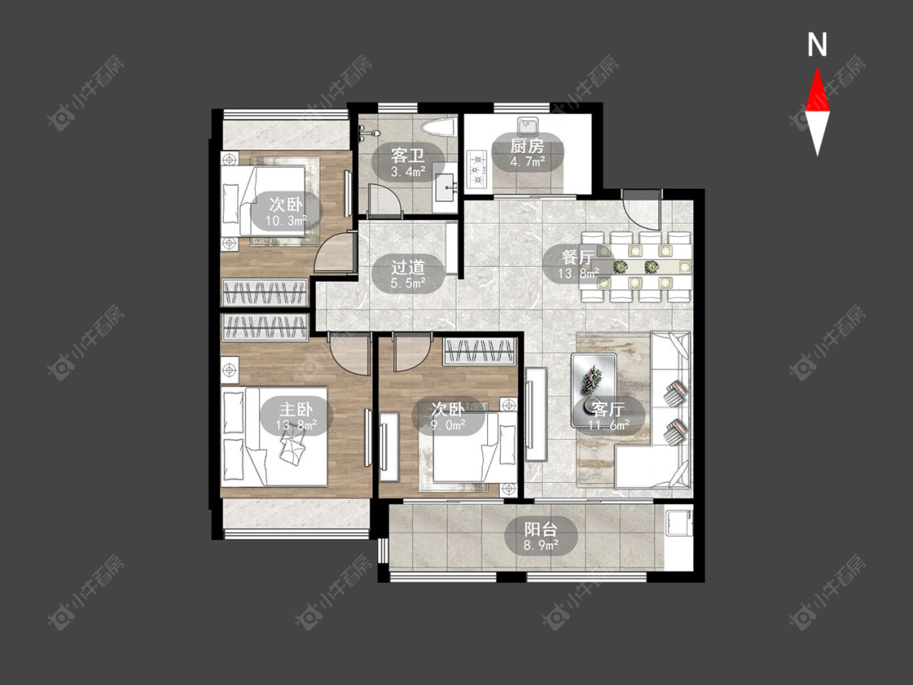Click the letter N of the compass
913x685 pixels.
(x=817, y=45)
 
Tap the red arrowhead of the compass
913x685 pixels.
(x=817, y=89)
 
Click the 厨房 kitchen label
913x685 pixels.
(x=527, y=145)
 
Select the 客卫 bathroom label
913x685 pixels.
(x=407, y=156)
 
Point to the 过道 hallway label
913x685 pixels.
(x=407, y=267)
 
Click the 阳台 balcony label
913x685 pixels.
(x=541, y=529)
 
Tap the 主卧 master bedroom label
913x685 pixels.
(x=296, y=409)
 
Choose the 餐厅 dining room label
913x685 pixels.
(x=578, y=257)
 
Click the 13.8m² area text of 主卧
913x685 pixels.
(x=296, y=425)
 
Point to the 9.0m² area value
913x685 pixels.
(x=448, y=425)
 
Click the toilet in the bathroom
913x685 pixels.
(x=438, y=127)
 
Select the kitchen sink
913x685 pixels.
(x=528, y=125)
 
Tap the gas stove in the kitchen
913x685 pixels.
(x=477, y=170)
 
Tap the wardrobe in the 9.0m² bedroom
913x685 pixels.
(x=479, y=351)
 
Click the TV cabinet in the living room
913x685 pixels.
(x=536, y=414)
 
